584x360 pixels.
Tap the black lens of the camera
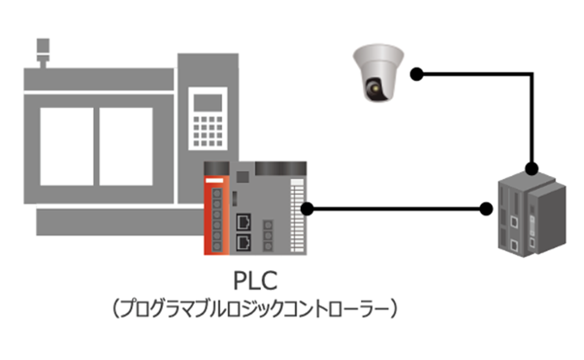pyautogui.click(x=375, y=88)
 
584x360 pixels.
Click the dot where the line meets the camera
pyautogui.click(x=416, y=75)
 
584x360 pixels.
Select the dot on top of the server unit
pyautogui.click(x=531, y=169)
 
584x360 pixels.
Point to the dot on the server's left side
pyautogui.click(x=486, y=209)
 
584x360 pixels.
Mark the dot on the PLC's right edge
pyautogui.click(x=307, y=209)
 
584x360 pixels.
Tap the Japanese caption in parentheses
pyautogui.click(x=255, y=310)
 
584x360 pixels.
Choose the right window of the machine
pyautogui.click(x=127, y=145)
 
